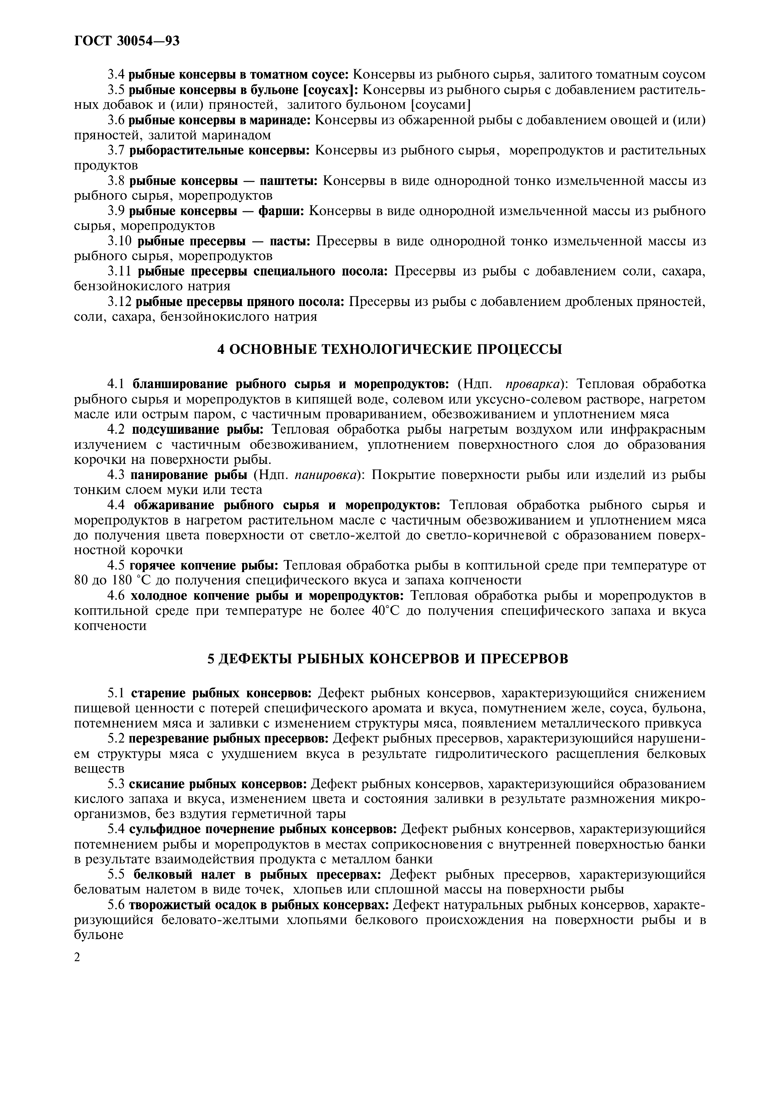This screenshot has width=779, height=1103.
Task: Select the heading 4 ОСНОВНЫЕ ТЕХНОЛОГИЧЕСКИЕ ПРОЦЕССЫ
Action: tap(389, 349)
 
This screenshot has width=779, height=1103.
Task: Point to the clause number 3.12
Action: tap(120, 302)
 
